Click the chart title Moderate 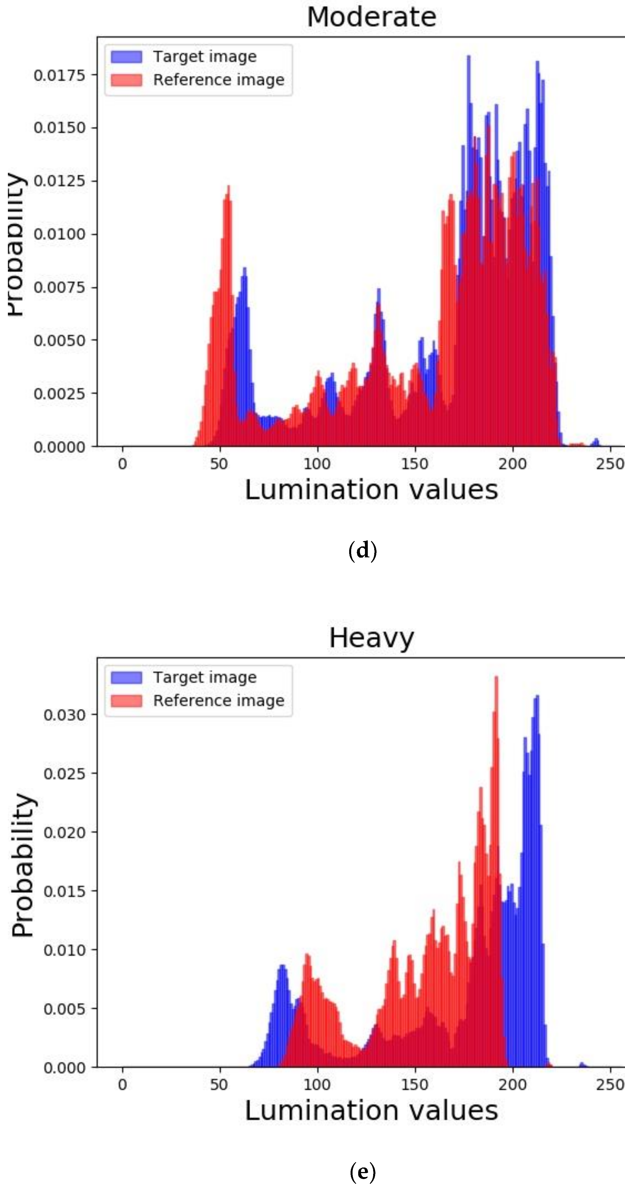click(371, 17)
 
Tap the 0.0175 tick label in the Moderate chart click(59, 75)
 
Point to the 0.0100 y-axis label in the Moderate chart click(59, 234)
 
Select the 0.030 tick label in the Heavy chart click(64, 715)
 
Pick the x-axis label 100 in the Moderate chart click(317, 463)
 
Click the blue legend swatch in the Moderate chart click(126, 56)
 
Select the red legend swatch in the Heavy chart click(126, 700)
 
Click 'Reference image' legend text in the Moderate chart click(219, 80)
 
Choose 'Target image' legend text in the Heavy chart click(205, 677)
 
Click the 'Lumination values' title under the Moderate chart click(371, 490)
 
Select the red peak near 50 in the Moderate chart click(228, 188)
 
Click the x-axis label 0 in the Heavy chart click(122, 1085)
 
